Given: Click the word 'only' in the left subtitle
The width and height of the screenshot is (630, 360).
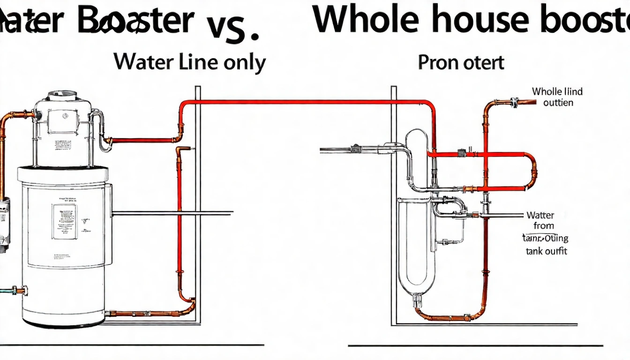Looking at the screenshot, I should (243, 63).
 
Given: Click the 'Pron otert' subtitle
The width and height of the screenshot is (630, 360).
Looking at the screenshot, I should (461, 62).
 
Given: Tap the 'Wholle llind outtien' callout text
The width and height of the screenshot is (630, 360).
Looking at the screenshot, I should (557, 97).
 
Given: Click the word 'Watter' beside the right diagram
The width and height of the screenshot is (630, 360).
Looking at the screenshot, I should (540, 216).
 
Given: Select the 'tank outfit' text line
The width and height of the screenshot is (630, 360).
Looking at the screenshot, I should (546, 251).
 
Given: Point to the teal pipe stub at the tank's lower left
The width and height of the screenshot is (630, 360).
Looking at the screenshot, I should (9, 291).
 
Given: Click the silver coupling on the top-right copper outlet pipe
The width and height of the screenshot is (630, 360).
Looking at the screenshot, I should (514, 102).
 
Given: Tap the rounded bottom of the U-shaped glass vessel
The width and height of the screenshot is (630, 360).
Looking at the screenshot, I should (411, 286).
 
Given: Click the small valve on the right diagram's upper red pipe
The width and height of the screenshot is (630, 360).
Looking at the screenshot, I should (462, 153).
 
